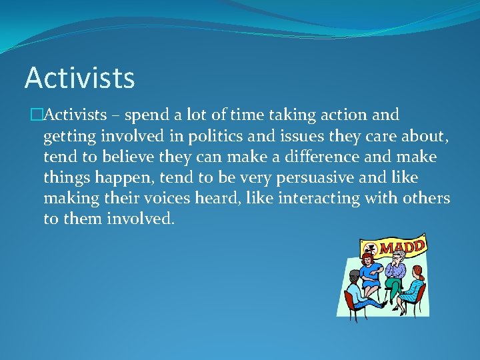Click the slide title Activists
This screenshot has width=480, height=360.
tap(79, 78)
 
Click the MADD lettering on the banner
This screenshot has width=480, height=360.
tap(403, 247)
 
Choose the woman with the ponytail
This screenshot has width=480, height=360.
tap(413, 287)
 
